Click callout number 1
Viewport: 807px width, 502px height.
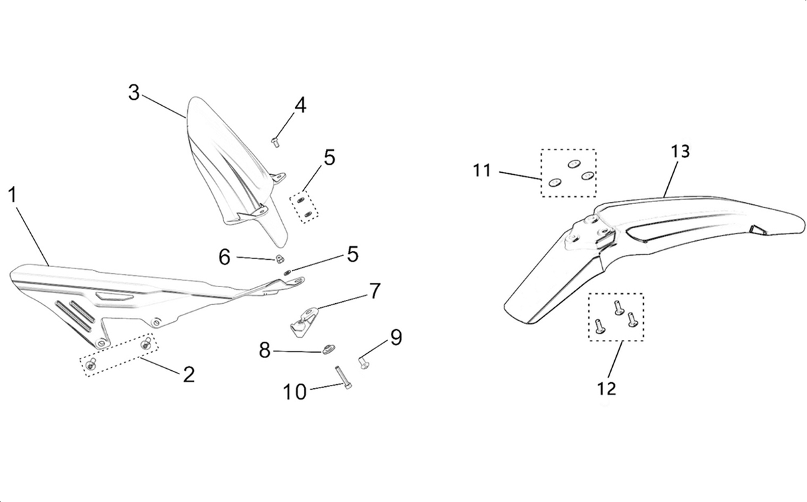(x=12, y=195)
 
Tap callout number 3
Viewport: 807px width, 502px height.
(x=134, y=92)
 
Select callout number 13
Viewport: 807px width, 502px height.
(x=680, y=152)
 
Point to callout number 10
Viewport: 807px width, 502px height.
(x=294, y=392)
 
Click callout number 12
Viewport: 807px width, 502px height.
(x=607, y=388)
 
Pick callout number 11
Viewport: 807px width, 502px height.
(x=482, y=171)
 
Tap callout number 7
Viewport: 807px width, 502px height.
(x=375, y=291)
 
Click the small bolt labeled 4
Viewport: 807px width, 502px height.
(x=276, y=141)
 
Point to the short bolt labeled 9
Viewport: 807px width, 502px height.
(x=364, y=362)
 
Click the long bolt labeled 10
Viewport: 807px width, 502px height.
(x=345, y=379)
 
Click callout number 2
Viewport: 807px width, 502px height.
(x=189, y=375)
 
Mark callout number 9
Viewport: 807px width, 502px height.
(x=396, y=337)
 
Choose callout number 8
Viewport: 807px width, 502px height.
(x=265, y=349)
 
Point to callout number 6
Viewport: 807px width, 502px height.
(x=224, y=256)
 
